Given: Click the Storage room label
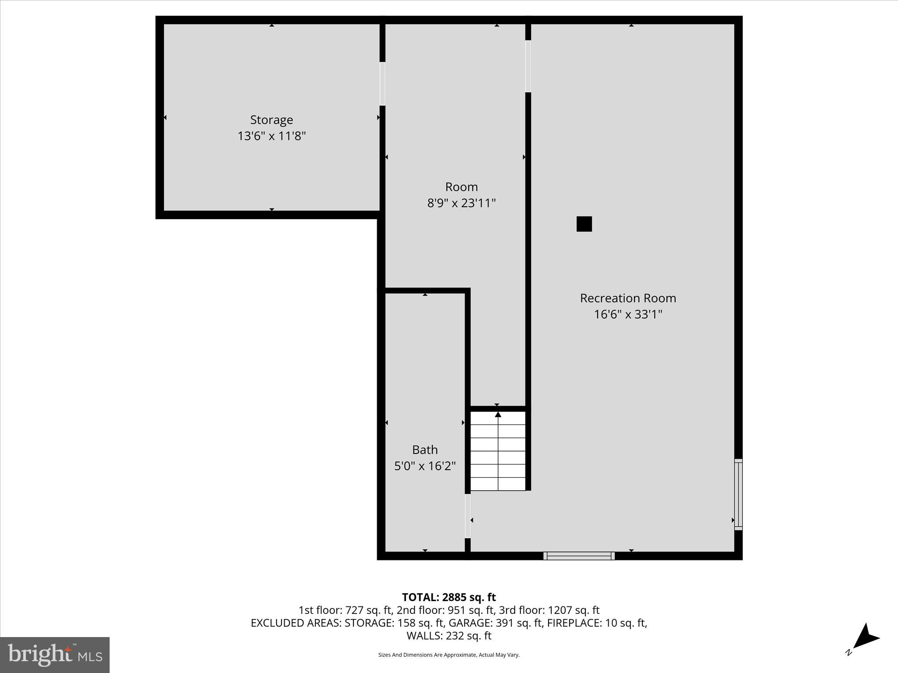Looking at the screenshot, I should (x=271, y=120).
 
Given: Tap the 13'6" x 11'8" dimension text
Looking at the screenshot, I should (x=271, y=136).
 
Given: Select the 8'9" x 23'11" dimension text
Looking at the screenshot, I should (x=461, y=203).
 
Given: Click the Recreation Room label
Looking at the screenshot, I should (x=628, y=298).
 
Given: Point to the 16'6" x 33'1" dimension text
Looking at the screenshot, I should (x=628, y=314).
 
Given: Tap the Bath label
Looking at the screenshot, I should (x=424, y=450).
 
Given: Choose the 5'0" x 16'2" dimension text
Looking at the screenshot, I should (x=424, y=466).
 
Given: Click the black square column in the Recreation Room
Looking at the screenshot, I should (x=584, y=224).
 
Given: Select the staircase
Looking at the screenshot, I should (x=498, y=451).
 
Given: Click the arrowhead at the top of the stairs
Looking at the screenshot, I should (x=498, y=414).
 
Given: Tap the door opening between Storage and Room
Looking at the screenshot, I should (x=382, y=84).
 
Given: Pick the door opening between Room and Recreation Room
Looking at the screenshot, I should (x=528, y=66).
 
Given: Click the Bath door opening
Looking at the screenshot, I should (x=467, y=516).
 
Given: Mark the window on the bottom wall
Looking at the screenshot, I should (x=579, y=556).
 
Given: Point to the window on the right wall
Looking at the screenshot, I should (x=738, y=494).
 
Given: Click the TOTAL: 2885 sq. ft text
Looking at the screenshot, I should (x=449, y=597).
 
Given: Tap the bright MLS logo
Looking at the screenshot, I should (x=55, y=655).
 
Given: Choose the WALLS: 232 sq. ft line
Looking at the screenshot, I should (x=449, y=635).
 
